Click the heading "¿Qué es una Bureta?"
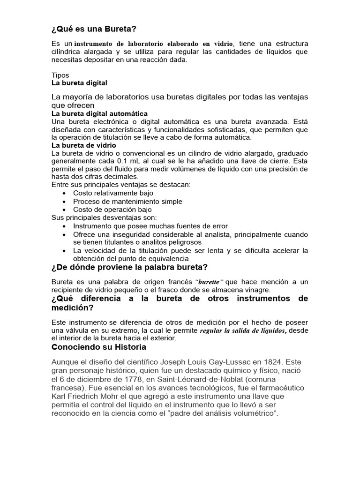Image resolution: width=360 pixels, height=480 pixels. click(x=94, y=30)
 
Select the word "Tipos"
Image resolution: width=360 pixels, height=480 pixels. click(x=60, y=75)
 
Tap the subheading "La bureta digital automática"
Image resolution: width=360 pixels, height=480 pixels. click(x=99, y=114)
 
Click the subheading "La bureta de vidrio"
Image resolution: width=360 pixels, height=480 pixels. click(x=83, y=145)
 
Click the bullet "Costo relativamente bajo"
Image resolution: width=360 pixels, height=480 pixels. click(x=113, y=193)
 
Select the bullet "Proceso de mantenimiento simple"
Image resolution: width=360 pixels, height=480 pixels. click(x=127, y=202)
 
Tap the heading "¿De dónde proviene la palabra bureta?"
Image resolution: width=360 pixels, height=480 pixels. click(x=129, y=267)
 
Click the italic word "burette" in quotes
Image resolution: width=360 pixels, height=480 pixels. click(x=210, y=282)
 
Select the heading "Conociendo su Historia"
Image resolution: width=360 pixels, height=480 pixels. click(x=99, y=347)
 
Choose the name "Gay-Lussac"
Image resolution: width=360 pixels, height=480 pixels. click(x=227, y=362)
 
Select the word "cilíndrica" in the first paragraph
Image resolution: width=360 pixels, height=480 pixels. click(x=68, y=52)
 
